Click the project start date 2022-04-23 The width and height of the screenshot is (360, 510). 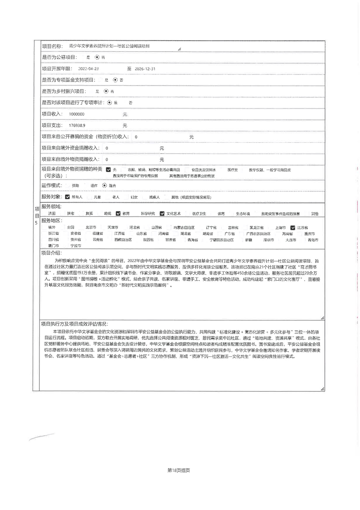point(88,69)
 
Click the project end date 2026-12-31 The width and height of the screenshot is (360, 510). point(145,69)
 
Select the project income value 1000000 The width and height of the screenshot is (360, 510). point(77,114)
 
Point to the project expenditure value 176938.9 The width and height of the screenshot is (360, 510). point(77,125)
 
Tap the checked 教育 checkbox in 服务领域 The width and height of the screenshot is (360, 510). point(118,214)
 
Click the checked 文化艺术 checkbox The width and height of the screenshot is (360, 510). point(162,214)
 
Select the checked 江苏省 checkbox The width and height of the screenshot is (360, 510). point(293,228)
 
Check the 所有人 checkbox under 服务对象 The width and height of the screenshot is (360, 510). point(68,197)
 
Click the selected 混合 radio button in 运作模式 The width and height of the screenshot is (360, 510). point(105,185)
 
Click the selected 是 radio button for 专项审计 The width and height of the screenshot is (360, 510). point(110,103)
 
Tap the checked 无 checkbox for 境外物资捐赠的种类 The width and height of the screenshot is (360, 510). point(108,170)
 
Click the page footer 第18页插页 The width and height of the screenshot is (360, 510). point(179,470)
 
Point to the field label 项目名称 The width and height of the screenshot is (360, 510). point(52,46)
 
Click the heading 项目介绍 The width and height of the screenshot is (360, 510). point(51,253)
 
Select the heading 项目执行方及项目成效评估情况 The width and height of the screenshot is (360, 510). point(74,324)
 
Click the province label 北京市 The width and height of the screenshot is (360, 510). point(91,227)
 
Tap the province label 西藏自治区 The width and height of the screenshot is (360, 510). point(123,240)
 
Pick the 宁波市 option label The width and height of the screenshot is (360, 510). point(76,246)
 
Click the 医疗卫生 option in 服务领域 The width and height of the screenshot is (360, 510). point(199,214)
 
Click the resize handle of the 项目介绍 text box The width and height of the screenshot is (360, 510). point(322,318)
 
